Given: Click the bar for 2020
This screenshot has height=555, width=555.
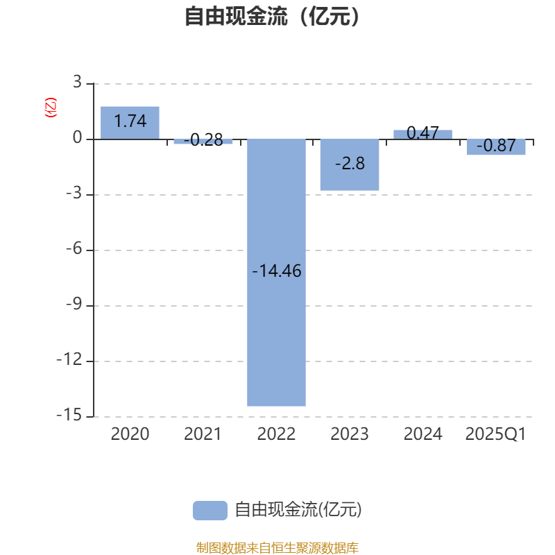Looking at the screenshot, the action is [130, 123].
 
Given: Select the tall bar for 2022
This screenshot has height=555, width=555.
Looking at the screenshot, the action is [276, 273].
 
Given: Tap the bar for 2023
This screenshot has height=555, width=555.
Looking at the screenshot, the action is [350, 164].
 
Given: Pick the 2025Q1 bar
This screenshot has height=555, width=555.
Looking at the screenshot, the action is [496, 147].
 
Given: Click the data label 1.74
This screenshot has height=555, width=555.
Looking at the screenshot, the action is [130, 121].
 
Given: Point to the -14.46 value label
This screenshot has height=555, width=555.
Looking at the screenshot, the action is [276, 271].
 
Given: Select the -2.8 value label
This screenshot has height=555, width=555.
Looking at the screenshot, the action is [350, 164].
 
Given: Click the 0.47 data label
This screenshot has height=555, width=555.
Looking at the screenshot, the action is [422, 133].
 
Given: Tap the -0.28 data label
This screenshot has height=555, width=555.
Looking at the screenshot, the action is [203, 140].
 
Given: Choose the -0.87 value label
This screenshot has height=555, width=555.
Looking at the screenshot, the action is [496, 146].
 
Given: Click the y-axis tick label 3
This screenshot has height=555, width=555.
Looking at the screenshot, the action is [77, 82].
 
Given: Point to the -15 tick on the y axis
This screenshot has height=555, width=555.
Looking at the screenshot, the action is [69, 415].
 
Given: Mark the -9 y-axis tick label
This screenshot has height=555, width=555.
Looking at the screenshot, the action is [74, 304].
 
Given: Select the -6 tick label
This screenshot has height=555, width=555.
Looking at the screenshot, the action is [74, 249].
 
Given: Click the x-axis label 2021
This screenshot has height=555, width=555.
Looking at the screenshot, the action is [203, 434].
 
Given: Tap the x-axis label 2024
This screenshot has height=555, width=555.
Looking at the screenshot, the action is [423, 434].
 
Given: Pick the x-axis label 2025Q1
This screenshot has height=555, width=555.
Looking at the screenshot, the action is [495, 434].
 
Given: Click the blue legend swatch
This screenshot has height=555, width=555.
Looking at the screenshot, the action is [210, 511].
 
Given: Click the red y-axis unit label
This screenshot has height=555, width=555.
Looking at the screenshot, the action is [50, 108].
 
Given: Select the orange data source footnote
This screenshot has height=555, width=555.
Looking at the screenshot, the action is [277, 547].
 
